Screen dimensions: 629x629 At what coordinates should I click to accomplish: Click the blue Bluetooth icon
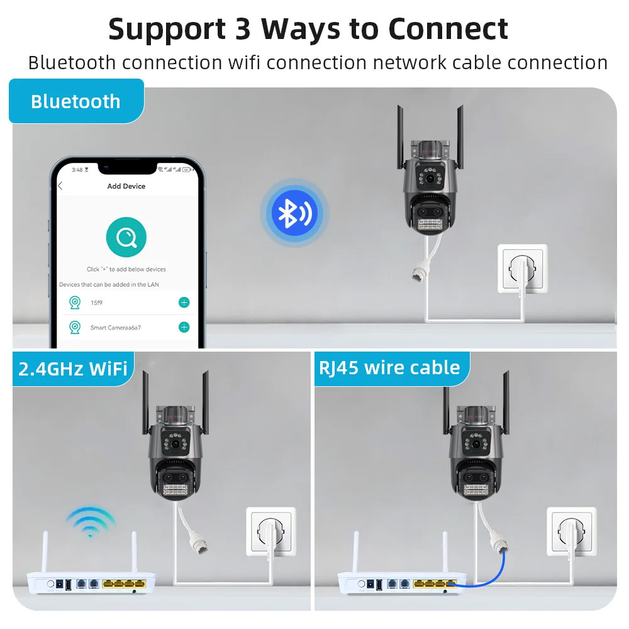[x=294, y=213]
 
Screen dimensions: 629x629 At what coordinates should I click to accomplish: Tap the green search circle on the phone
[x=126, y=237]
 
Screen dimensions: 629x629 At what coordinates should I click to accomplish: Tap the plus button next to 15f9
[x=184, y=303]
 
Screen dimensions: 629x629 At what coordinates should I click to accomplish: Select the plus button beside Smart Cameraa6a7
[x=184, y=327]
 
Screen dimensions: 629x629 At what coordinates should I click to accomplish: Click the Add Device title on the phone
[x=126, y=186]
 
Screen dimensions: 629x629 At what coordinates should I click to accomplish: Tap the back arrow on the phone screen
[x=60, y=186]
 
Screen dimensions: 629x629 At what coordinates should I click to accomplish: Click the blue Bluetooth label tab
[x=76, y=101]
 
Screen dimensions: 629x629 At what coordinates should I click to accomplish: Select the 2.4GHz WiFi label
[x=73, y=369]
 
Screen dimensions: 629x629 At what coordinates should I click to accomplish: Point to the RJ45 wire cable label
[x=389, y=368]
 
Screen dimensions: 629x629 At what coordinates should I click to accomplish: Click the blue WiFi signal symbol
[x=91, y=522]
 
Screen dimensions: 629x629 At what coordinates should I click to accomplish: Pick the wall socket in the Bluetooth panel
[x=522, y=269]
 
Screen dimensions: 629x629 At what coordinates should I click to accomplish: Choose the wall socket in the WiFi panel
[x=270, y=531]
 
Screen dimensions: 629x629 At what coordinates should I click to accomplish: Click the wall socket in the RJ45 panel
[x=572, y=531]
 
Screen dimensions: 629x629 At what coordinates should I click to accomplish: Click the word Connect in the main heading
[x=448, y=30]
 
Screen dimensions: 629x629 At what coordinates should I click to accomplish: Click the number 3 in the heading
[x=243, y=30]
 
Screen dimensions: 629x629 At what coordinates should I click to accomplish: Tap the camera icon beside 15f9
[x=75, y=303]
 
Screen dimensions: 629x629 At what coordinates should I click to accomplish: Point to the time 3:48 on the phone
[x=77, y=170]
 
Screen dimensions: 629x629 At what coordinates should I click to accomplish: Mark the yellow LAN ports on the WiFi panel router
[x=123, y=584]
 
